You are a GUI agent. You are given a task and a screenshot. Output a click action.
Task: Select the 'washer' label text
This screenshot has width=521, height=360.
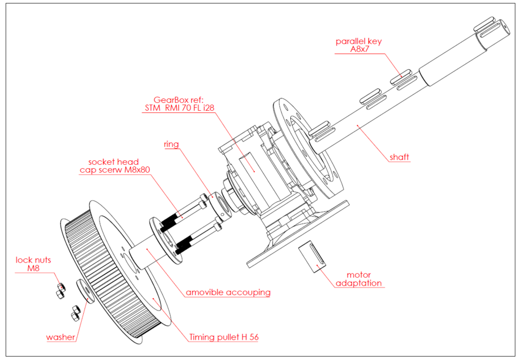[60, 337]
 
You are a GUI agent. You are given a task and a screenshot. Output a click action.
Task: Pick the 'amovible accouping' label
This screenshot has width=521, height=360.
[228, 292]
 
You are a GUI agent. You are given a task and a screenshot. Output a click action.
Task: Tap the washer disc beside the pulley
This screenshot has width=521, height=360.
[84, 290]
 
